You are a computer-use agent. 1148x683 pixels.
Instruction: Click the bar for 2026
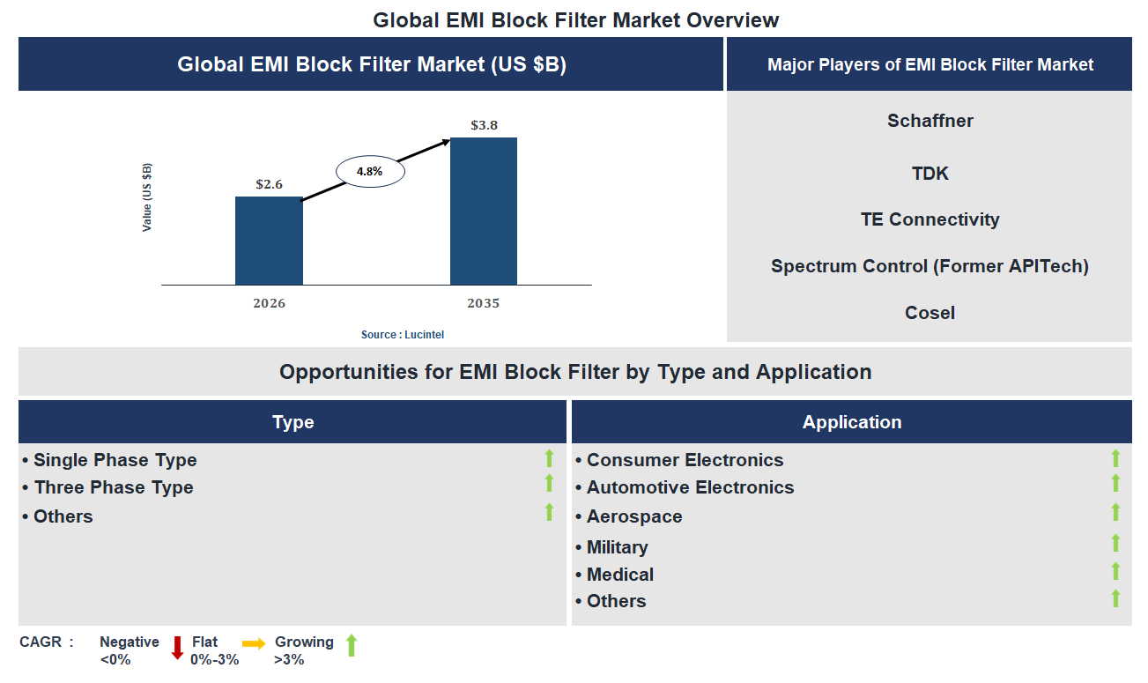(269, 241)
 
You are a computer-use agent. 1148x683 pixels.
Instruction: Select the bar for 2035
(483, 212)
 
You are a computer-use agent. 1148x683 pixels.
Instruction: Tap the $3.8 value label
(484, 125)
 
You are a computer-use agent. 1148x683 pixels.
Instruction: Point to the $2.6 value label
(269, 184)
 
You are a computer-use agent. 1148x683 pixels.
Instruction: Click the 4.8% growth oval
(369, 172)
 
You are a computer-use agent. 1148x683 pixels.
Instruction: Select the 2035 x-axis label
(483, 303)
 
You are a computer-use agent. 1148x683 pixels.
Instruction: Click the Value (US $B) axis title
(147, 198)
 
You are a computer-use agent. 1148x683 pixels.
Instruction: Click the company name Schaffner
(930, 121)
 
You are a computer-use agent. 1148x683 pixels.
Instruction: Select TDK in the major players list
(930, 174)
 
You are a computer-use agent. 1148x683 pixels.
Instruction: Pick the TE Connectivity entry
(930, 219)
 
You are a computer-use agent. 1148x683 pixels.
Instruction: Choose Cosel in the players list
(930, 313)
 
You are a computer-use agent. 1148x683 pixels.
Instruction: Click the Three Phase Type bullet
(113, 487)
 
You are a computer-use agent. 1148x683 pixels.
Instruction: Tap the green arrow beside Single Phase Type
(549, 458)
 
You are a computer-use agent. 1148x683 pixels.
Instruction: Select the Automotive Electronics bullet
(690, 487)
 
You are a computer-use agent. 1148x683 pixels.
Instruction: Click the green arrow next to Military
(1115, 543)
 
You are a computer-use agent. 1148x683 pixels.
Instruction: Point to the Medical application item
(619, 575)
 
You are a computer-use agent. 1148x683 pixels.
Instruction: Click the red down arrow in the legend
(177, 648)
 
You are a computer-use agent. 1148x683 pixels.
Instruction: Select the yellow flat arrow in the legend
(254, 644)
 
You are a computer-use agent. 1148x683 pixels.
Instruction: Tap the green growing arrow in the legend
(351, 645)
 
